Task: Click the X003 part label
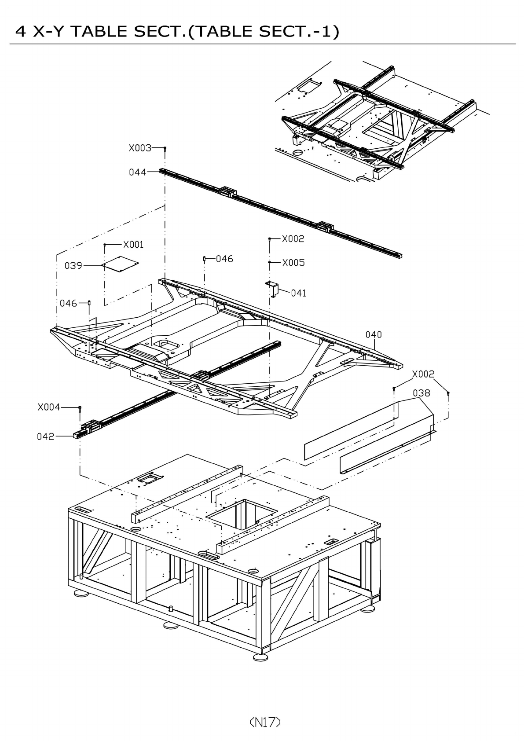click(139, 148)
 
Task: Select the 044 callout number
click(137, 172)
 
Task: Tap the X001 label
click(133, 245)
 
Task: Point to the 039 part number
click(73, 266)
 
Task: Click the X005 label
click(293, 263)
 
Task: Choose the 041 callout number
click(299, 293)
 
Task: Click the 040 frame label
click(374, 334)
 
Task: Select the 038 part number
click(421, 393)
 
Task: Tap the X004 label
click(48, 407)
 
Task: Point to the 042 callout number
click(45, 437)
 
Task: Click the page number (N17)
click(265, 722)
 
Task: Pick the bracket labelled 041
click(273, 289)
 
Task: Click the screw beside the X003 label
click(165, 150)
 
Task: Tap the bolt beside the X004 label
click(80, 410)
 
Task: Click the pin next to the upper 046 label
click(205, 259)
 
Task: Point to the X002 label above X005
click(293, 238)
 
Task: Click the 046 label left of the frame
click(68, 303)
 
